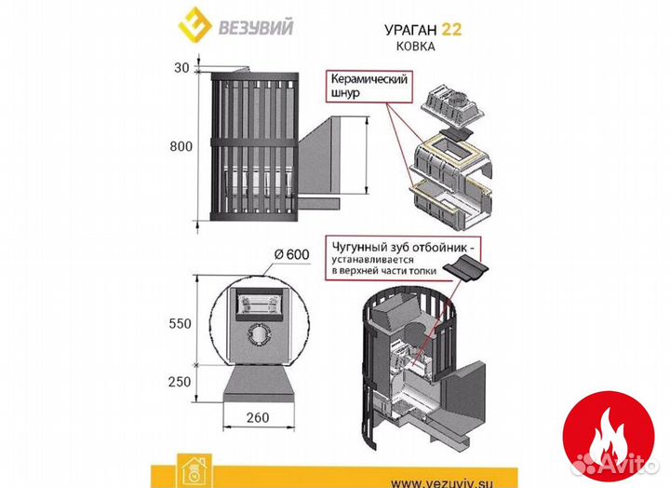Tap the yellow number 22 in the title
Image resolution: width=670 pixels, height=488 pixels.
pyautogui.click(x=451, y=29)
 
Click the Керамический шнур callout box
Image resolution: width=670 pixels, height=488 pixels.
pyautogui.click(x=368, y=88)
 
